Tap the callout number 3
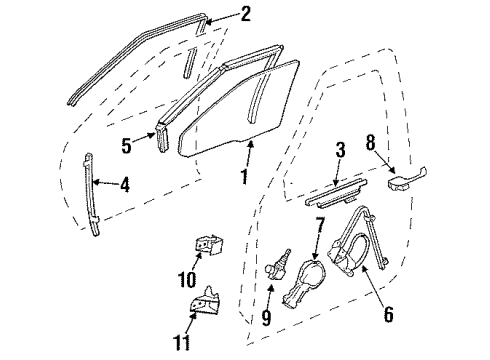pos(339,151)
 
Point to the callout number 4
pos(124,184)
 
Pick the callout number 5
pos(127,144)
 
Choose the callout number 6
pos(388,316)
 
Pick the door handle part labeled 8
pos(405,182)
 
